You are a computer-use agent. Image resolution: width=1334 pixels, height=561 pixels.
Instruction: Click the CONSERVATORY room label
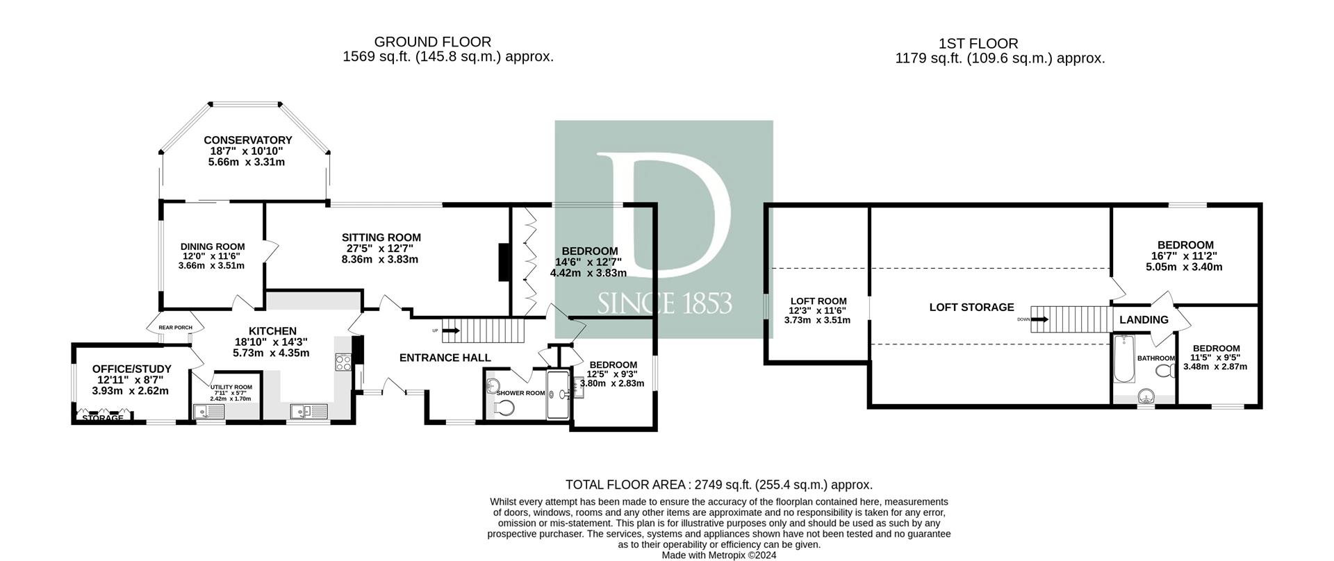click(x=247, y=140)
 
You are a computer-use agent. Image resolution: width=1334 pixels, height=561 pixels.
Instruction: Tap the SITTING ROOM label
click(x=381, y=237)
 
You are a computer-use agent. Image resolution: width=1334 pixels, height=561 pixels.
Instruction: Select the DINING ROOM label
click(x=213, y=246)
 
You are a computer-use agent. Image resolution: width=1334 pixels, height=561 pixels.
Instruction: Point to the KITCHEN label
click(x=273, y=331)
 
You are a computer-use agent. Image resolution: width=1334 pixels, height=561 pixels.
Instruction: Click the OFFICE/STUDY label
click(x=132, y=369)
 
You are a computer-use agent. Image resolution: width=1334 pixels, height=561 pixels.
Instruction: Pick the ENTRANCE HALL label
click(x=445, y=358)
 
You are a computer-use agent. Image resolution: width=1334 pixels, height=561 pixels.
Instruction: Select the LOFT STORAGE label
click(x=971, y=307)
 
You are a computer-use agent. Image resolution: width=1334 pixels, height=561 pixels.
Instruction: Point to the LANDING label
click(x=1144, y=320)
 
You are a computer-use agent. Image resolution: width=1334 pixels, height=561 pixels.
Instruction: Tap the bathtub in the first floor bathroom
click(x=1123, y=359)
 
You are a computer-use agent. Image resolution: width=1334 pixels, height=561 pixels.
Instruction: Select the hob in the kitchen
click(x=344, y=362)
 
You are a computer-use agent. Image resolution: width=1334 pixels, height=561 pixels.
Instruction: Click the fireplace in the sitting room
click(x=504, y=262)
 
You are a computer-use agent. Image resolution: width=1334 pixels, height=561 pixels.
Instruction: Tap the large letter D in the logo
click(x=664, y=215)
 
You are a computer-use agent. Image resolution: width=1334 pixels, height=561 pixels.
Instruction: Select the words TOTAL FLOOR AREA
click(x=625, y=485)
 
